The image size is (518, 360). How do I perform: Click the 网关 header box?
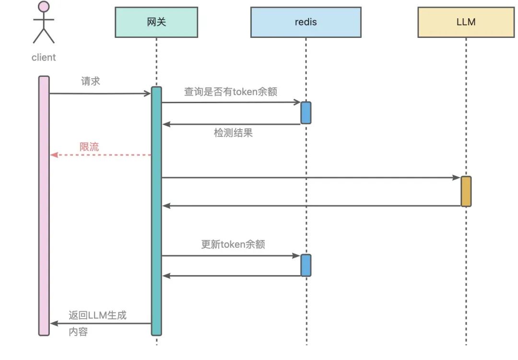point(156,22)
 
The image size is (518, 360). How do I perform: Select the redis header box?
point(306,22)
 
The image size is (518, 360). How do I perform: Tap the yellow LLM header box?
point(466,22)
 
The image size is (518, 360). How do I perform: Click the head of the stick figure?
point(44,7)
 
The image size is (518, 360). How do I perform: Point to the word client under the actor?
point(44,58)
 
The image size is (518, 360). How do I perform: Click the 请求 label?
point(91,81)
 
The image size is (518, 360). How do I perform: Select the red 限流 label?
point(89,147)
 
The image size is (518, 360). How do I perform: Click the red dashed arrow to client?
point(101,155)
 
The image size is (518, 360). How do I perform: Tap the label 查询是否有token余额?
point(231,92)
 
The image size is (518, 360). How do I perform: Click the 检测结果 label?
point(233,133)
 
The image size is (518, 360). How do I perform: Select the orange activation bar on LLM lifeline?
point(466,192)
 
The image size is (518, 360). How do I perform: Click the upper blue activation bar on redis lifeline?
point(306,113)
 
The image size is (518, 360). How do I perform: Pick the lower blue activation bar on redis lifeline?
point(306,265)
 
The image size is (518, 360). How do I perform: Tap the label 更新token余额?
point(233,244)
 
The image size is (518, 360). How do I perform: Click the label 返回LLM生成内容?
point(97,323)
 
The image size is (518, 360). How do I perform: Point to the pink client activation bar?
point(44,206)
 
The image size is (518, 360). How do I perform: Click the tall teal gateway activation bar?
point(156,211)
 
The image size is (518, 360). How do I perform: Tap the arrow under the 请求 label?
point(100,94)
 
